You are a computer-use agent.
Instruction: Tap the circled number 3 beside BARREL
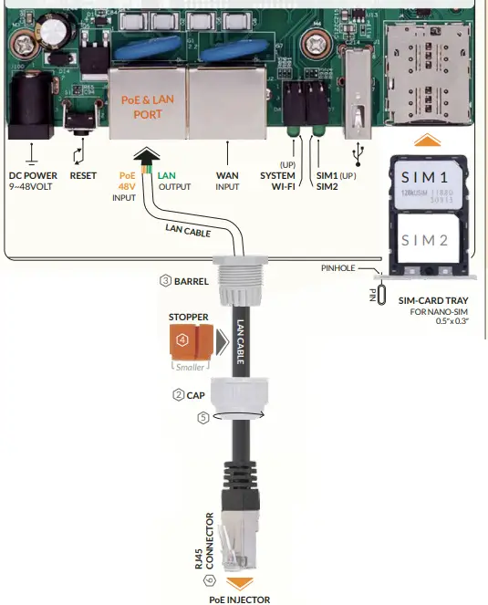[x=165, y=281]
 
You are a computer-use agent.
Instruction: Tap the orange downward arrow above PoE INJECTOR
[x=240, y=581]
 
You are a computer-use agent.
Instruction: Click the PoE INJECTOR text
[x=240, y=599]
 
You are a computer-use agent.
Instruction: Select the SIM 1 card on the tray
[x=429, y=185]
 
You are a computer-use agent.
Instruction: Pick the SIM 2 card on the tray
[x=429, y=241]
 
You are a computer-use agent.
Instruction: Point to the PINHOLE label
[x=338, y=269]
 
